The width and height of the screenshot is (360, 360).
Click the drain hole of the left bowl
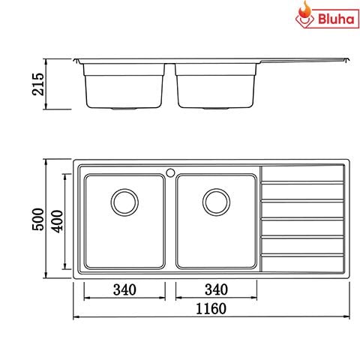coord(124,201)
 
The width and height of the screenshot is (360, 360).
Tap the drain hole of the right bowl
coord(215,201)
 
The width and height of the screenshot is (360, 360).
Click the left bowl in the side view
coord(123,86)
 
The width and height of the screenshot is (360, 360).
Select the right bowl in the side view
coord(215,86)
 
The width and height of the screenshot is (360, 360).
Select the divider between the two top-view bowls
coord(169,221)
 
